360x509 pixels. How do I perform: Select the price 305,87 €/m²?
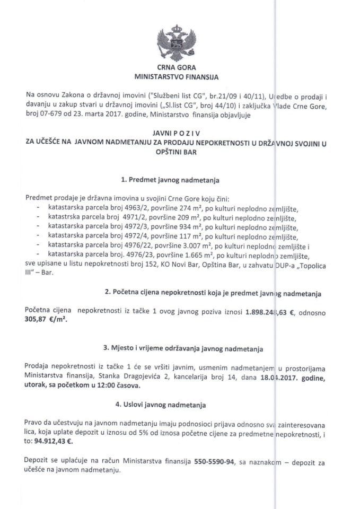click(x=47, y=320)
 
